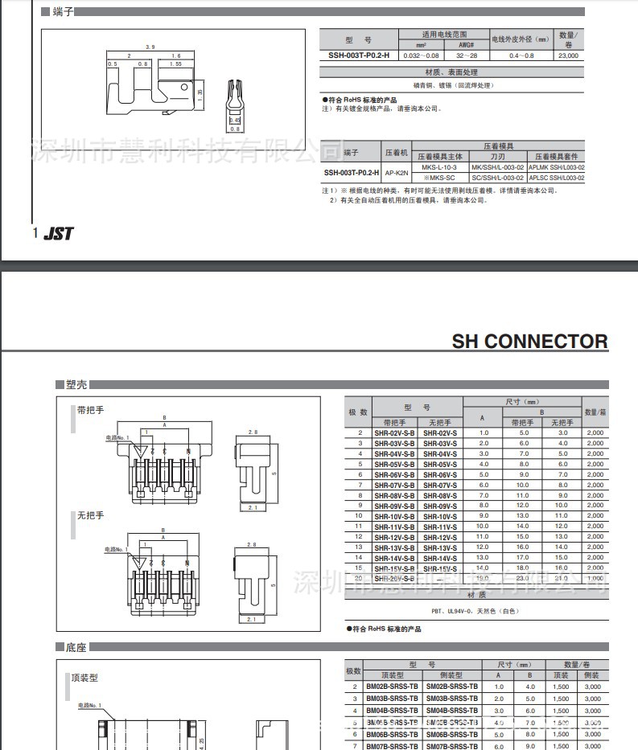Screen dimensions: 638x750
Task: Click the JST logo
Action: coord(59,233)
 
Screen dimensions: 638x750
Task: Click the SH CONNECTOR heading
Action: coord(529,342)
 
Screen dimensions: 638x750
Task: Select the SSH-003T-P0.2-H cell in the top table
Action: coord(358,55)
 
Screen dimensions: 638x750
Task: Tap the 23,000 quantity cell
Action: coord(568,55)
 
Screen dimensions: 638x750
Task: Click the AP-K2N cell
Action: coord(396,172)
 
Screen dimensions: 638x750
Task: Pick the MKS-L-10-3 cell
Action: coord(439,166)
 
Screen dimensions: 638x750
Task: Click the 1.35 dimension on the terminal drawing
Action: coord(200,93)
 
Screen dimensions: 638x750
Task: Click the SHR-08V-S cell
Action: coord(440,495)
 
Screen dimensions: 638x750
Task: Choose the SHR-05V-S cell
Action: coord(440,464)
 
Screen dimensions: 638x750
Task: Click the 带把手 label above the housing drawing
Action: coord(91,410)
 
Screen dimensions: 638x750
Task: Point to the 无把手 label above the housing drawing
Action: coord(91,515)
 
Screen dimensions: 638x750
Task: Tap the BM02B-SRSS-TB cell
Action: coord(392,686)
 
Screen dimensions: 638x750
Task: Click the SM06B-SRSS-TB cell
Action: coord(452,734)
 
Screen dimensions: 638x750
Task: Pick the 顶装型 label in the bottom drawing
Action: coord(84,678)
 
